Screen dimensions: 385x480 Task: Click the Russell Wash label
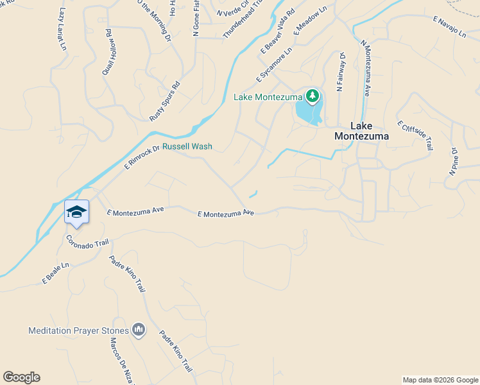click(x=187, y=146)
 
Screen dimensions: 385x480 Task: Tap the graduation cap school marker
click(x=76, y=212)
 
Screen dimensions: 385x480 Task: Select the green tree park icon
click(x=313, y=96)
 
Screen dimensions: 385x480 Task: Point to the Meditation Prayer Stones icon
click(x=139, y=330)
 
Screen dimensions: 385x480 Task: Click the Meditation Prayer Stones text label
click(x=78, y=330)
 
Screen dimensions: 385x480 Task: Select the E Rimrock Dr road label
click(x=141, y=156)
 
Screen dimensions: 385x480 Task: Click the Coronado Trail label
click(x=88, y=242)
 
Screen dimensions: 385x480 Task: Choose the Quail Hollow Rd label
click(x=110, y=52)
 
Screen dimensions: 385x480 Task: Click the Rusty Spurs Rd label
click(x=165, y=101)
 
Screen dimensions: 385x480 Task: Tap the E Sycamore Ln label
click(x=275, y=65)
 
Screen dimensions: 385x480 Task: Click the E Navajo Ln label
click(x=450, y=28)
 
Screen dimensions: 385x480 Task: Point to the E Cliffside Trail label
click(x=415, y=135)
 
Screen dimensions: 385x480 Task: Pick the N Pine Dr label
click(x=453, y=163)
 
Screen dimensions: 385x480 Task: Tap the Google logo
click(x=21, y=377)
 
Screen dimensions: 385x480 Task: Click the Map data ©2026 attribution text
click(x=440, y=380)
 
